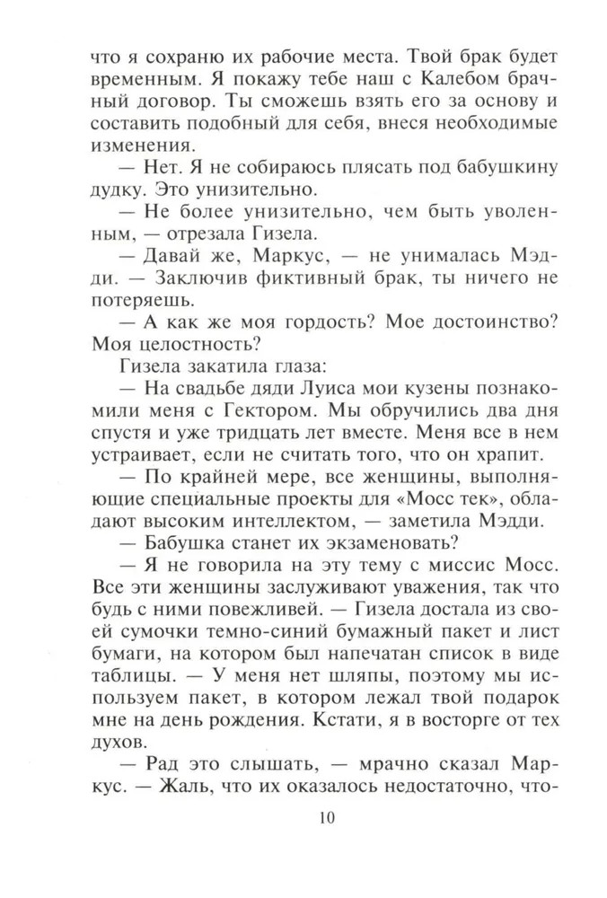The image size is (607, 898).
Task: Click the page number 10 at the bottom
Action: click(303, 817)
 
